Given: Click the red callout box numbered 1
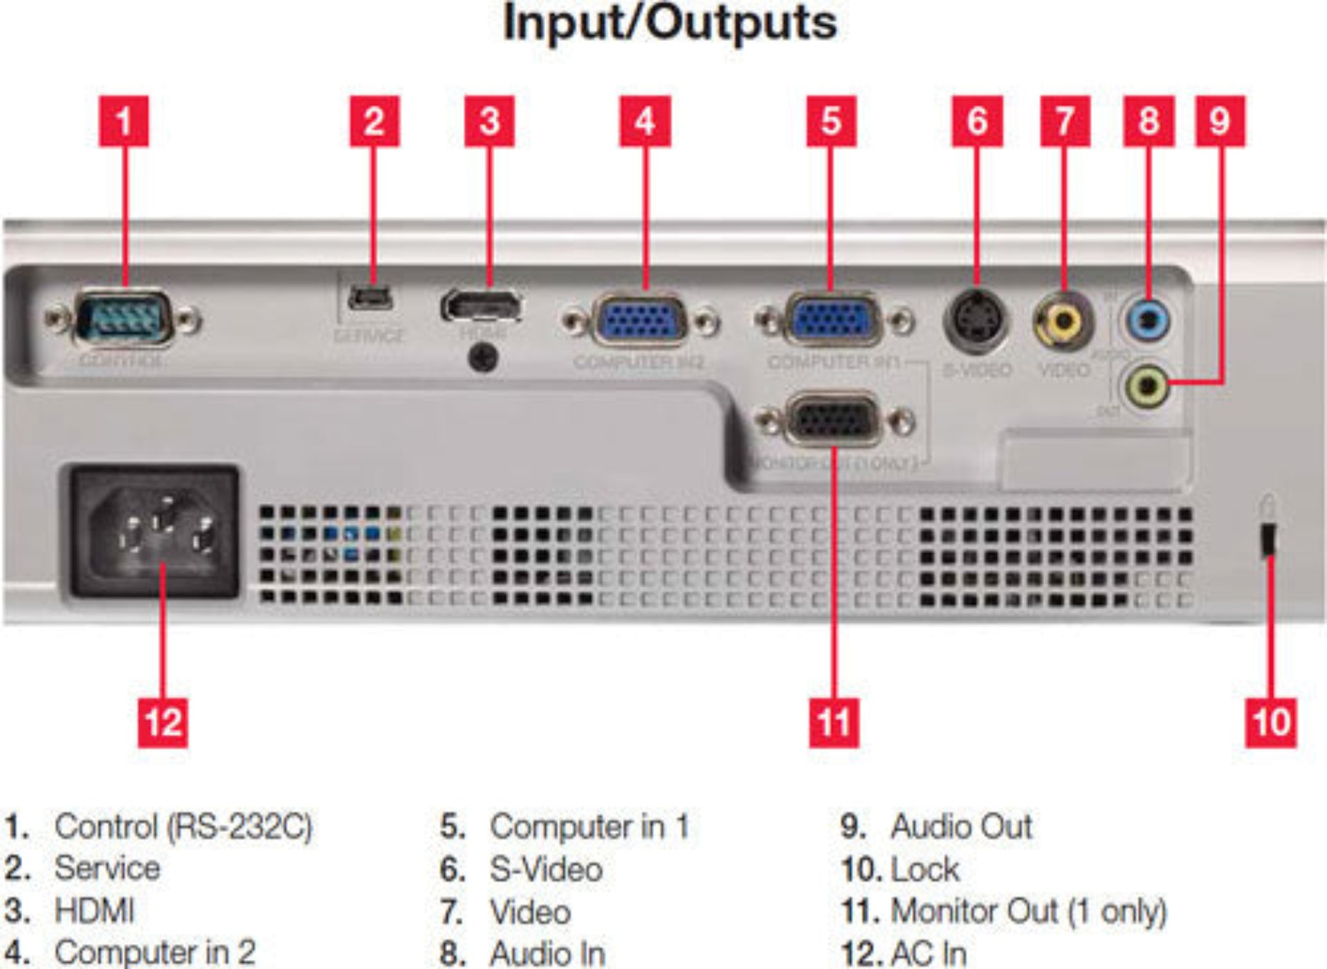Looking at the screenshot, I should [x=124, y=122].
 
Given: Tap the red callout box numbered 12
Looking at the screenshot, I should [x=163, y=723].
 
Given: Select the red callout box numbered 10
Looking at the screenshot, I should [x=1271, y=723].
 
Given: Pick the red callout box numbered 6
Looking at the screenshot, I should [x=977, y=122].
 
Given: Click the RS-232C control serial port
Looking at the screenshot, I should [x=123, y=319].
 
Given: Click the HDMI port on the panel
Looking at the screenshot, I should [x=482, y=307].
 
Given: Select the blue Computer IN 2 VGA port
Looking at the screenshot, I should [x=641, y=321].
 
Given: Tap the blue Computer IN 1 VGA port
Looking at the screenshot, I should [x=834, y=321].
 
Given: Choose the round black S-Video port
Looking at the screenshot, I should [x=976, y=320].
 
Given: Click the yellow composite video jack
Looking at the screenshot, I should [x=1063, y=320].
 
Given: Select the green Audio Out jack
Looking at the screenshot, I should [x=1146, y=386].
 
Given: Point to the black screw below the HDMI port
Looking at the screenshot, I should [x=484, y=358].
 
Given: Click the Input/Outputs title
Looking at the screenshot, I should [x=670, y=24].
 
